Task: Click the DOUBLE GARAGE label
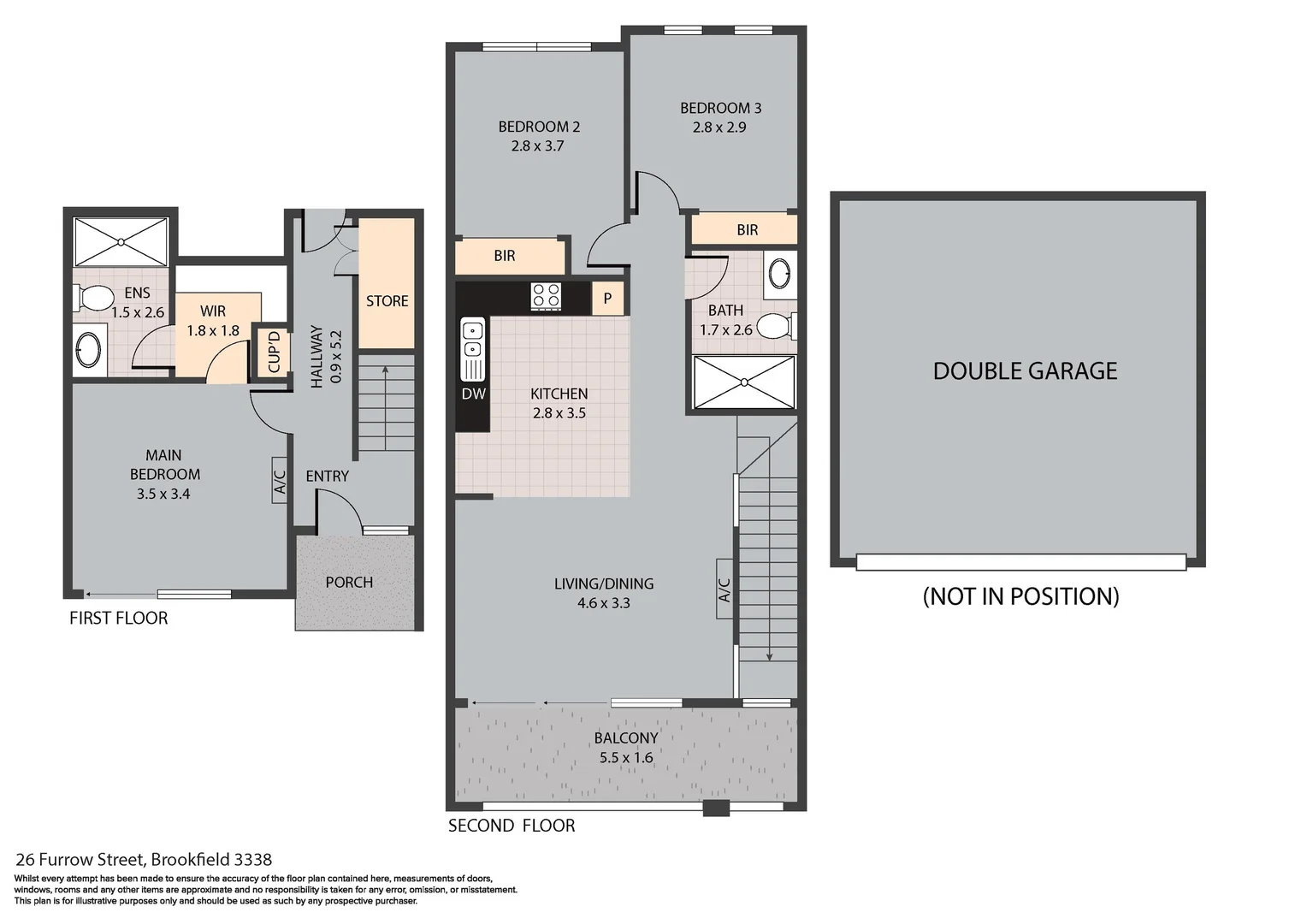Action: [1025, 370]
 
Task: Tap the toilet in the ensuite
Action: [95, 298]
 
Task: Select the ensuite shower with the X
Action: [121, 242]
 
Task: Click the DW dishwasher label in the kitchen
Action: [473, 394]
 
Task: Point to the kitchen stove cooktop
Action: [546, 295]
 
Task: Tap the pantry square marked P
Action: [607, 299]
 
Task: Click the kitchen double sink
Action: [472, 340]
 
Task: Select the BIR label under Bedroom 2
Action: [505, 256]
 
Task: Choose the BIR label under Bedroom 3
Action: [747, 230]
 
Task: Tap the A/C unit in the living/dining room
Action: [724, 589]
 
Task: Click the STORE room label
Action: [387, 301]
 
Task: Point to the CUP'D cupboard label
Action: [275, 352]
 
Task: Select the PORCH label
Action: [349, 582]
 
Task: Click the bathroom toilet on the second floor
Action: [777, 326]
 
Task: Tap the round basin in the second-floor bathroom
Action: [779, 273]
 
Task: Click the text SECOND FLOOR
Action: [512, 826]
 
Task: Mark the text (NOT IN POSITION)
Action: [1020, 596]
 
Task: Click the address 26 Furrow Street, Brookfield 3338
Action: [144, 860]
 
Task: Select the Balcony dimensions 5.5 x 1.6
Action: [626, 757]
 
